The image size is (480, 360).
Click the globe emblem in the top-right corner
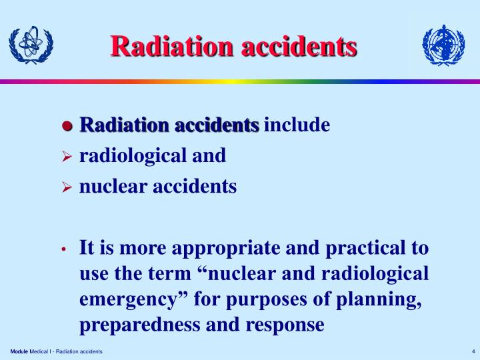click(443, 45)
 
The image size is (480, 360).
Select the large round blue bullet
click(67, 126)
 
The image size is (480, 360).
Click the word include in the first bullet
click(297, 125)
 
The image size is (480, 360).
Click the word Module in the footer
click(19, 351)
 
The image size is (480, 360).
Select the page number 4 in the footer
click(472, 351)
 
